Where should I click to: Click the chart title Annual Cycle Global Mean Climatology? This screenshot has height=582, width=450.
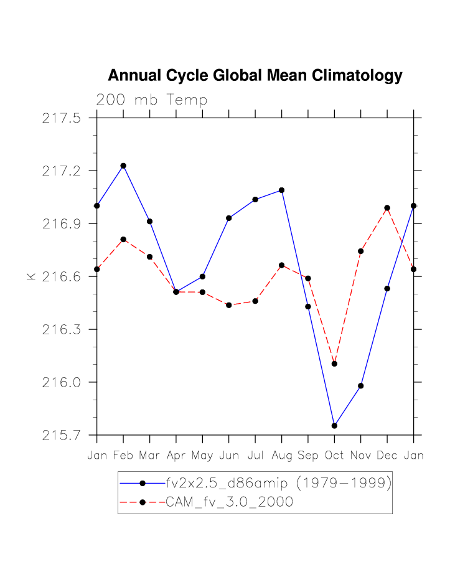(x=255, y=76)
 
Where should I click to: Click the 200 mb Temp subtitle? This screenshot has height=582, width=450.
(x=151, y=100)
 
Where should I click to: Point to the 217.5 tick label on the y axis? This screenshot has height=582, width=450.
(x=62, y=118)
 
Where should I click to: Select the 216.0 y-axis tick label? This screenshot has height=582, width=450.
(x=62, y=382)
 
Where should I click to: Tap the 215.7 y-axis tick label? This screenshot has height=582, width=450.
(x=62, y=435)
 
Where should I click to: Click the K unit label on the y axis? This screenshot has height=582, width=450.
(x=30, y=276)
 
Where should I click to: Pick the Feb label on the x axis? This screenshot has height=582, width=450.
(x=123, y=456)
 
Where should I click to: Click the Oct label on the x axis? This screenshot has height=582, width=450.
(x=334, y=456)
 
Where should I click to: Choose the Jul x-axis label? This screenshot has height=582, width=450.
(x=255, y=456)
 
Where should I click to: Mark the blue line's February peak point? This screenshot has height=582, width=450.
(x=123, y=166)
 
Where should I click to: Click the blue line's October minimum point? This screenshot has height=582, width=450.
(x=334, y=426)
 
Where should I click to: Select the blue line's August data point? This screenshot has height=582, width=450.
(x=281, y=190)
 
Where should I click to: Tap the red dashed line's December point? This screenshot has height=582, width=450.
(x=387, y=208)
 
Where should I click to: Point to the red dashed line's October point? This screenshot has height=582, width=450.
(x=334, y=364)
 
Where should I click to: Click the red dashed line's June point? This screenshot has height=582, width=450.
(x=229, y=305)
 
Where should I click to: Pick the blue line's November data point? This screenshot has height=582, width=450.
(x=360, y=386)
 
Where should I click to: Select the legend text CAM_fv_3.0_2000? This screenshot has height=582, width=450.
(x=229, y=502)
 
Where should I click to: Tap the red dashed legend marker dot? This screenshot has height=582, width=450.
(x=143, y=502)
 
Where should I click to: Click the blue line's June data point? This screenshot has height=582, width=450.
(x=229, y=218)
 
